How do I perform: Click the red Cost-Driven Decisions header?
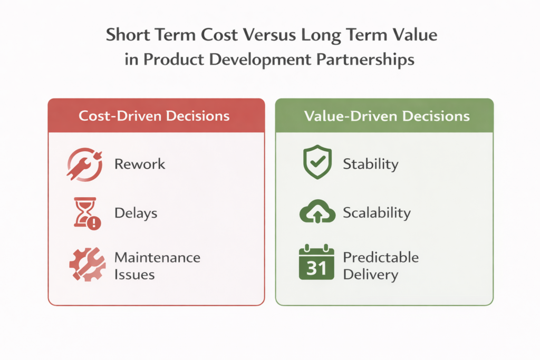[156, 115]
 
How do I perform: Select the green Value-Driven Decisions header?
[384, 115]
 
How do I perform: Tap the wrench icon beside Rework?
[84, 164]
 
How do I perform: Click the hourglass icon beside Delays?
[84, 213]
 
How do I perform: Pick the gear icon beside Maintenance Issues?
[84, 264]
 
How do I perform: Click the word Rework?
[140, 164]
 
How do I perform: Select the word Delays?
[136, 213]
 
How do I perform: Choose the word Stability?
[370, 164]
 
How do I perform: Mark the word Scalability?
[377, 213]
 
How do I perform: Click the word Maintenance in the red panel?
[157, 258]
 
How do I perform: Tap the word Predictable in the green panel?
[381, 257]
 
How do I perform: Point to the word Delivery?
[370, 275]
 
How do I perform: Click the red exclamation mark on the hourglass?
[94, 223]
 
